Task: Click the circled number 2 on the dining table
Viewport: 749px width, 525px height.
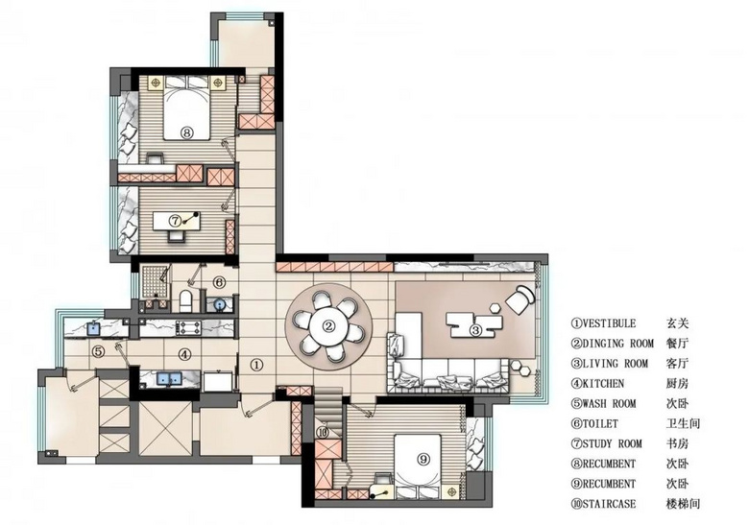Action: (328, 326)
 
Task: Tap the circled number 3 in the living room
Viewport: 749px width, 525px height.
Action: (475, 329)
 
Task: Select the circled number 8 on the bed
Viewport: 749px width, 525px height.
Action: (187, 132)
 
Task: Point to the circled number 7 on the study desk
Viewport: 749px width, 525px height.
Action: (176, 221)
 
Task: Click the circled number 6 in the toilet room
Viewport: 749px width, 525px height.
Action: (218, 282)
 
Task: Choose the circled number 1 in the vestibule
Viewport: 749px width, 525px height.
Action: (257, 365)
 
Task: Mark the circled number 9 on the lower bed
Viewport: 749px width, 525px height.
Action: (423, 459)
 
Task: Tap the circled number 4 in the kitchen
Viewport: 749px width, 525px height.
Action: (185, 354)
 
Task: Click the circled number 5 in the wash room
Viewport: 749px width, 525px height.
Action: (98, 352)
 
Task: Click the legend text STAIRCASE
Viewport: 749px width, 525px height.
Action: (609, 504)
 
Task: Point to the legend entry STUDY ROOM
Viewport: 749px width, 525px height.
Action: (612, 443)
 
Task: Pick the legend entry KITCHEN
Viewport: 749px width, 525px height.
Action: (603, 384)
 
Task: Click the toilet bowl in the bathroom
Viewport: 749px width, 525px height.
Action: (185, 300)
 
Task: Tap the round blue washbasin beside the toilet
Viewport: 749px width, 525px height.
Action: (219, 303)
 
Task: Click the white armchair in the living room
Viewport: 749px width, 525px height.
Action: (520, 298)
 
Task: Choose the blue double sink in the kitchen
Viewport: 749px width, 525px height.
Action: (170, 378)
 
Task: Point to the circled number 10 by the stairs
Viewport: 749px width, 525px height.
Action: (323, 433)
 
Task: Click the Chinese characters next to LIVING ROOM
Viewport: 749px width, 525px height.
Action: (677, 364)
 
